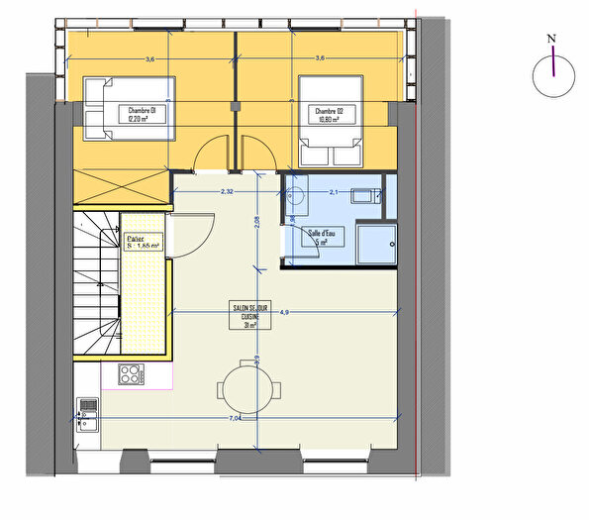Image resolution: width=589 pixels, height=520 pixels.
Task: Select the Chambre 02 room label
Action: [x=330, y=115]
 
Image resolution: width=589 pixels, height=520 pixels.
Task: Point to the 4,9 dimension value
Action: [x=284, y=312]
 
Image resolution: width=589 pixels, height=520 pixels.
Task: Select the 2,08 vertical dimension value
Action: [x=256, y=223]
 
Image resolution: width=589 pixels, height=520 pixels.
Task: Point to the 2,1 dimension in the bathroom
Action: [x=334, y=190]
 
